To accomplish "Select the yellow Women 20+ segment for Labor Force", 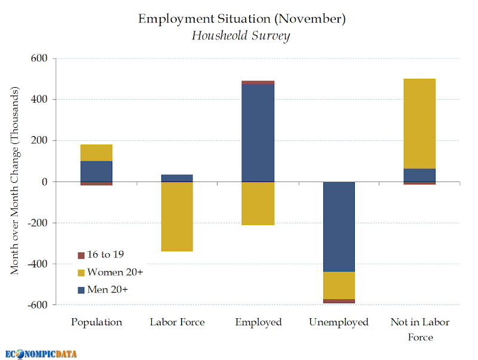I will pyautogui.click(x=177, y=216).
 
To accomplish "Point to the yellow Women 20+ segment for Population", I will pyautogui.click(x=96, y=153).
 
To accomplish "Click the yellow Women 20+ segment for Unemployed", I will pyautogui.click(x=339, y=285).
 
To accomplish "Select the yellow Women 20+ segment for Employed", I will pyautogui.click(x=258, y=203).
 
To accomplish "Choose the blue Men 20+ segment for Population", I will pyautogui.click(x=96, y=171).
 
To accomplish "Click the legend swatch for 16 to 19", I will pyautogui.click(x=81, y=256).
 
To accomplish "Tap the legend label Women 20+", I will pyautogui.click(x=115, y=272).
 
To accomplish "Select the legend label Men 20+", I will pyautogui.click(x=108, y=290).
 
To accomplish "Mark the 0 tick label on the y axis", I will pyautogui.click(x=44, y=181).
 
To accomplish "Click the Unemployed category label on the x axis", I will pyautogui.click(x=339, y=322).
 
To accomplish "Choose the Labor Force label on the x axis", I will pyautogui.click(x=177, y=322).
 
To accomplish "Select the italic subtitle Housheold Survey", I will pyautogui.click(x=241, y=36).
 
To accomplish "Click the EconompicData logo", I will pyautogui.click(x=42, y=353).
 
